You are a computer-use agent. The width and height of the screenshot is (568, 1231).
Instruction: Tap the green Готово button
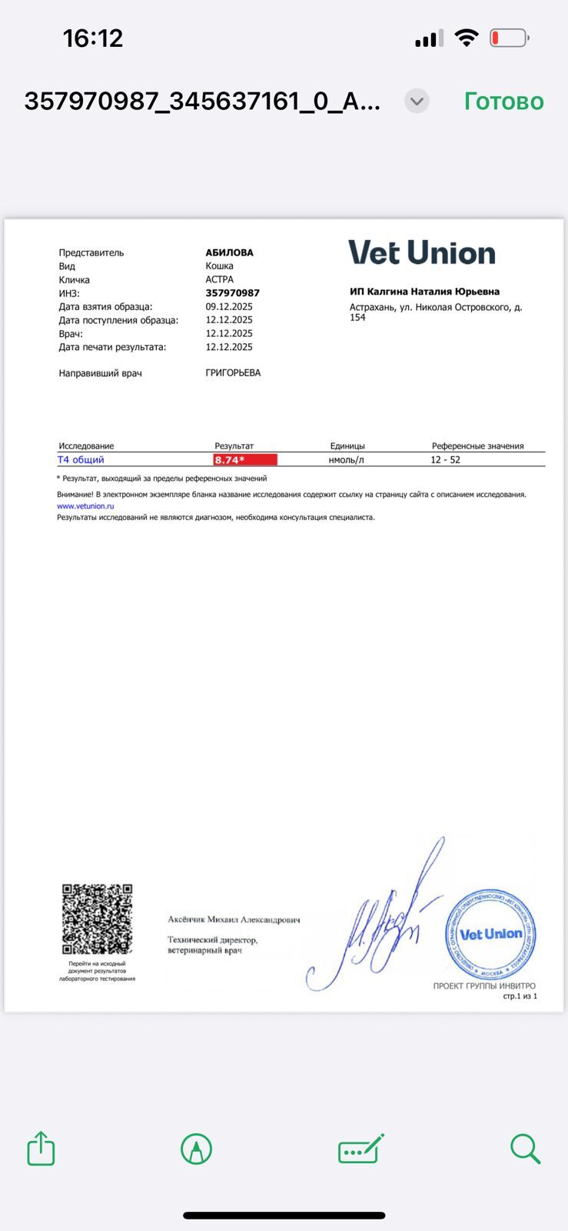[x=503, y=102]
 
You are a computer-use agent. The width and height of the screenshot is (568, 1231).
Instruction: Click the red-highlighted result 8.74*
[x=245, y=460]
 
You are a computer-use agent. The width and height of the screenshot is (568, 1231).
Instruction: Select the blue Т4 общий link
[x=81, y=460]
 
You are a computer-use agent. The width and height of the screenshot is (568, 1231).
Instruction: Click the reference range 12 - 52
[x=446, y=460]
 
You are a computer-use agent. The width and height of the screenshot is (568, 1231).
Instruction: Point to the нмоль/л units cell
[x=346, y=460]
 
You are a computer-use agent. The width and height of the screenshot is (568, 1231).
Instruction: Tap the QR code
[x=97, y=919]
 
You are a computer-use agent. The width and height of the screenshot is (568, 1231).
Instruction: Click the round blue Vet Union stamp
[x=490, y=934]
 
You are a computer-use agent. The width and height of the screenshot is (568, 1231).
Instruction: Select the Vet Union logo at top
[x=422, y=253]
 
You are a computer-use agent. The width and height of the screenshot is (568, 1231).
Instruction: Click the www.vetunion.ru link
[x=85, y=506]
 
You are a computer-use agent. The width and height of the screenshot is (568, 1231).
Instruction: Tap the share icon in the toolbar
[x=42, y=1149]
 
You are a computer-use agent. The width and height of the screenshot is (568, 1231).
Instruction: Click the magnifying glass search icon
[x=526, y=1149]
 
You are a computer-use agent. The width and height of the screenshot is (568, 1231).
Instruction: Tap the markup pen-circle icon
[x=196, y=1149]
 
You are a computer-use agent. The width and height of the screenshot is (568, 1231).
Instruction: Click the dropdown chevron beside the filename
[x=417, y=101]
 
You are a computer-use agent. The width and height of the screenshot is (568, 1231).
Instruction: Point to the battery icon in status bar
[x=509, y=38]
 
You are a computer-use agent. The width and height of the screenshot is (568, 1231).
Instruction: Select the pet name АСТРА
[x=220, y=279]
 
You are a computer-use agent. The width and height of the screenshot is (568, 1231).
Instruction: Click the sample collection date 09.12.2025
[x=229, y=306]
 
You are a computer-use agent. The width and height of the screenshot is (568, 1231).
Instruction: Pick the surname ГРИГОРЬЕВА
[x=233, y=373]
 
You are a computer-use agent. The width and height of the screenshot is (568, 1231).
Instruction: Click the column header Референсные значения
[x=477, y=446]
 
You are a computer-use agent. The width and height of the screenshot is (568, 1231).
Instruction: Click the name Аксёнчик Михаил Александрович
[x=234, y=919]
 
